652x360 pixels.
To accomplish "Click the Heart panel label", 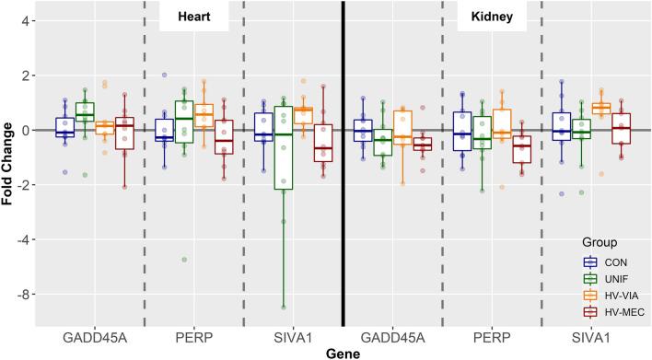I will pos(193,17).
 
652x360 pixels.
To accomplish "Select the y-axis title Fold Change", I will pos(10,162).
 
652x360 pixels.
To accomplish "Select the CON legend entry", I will pos(601,261).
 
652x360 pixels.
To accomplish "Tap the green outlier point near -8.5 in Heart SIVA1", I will pos(284,307).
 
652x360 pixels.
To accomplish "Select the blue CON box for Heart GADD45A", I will pos(64,127).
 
